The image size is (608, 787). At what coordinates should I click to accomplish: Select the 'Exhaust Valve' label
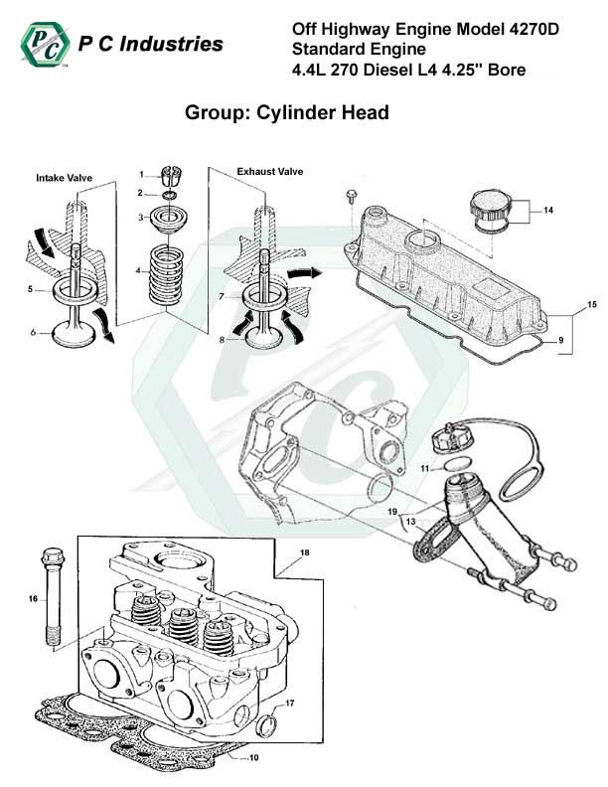tap(269, 172)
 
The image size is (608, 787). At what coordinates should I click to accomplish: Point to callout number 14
tap(546, 210)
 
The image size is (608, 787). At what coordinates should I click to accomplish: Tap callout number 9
tap(561, 341)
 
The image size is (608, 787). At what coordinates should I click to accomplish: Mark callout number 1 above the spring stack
tap(142, 175)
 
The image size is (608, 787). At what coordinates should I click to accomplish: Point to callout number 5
tap(32, 289)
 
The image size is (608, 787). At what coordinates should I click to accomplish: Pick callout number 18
tap(304, 551)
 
